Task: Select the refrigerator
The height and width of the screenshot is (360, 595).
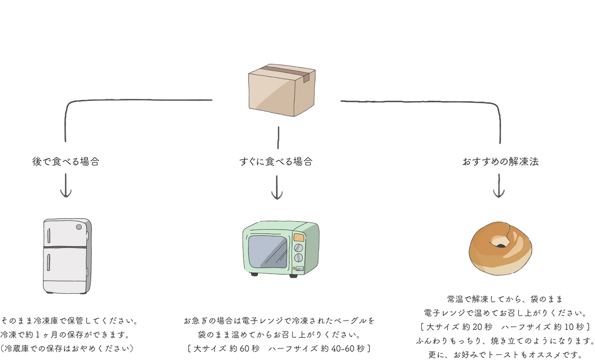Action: [x=67, y=255]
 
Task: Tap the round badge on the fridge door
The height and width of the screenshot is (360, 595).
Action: [x=78, y=227]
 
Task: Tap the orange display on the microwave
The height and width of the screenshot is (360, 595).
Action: [x=299, y=237]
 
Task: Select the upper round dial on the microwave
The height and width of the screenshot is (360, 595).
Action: [x=299, y=247]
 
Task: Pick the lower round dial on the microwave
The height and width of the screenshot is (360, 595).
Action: [x=299, y=258]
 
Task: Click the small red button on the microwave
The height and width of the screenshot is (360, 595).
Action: [x=295, y=268]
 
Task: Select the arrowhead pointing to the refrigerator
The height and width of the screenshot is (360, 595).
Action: [x=66, y=193]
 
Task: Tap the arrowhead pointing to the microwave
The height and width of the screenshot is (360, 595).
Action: [x=277, y=195]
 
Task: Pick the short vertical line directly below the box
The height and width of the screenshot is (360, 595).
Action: [x=278, y=137]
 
